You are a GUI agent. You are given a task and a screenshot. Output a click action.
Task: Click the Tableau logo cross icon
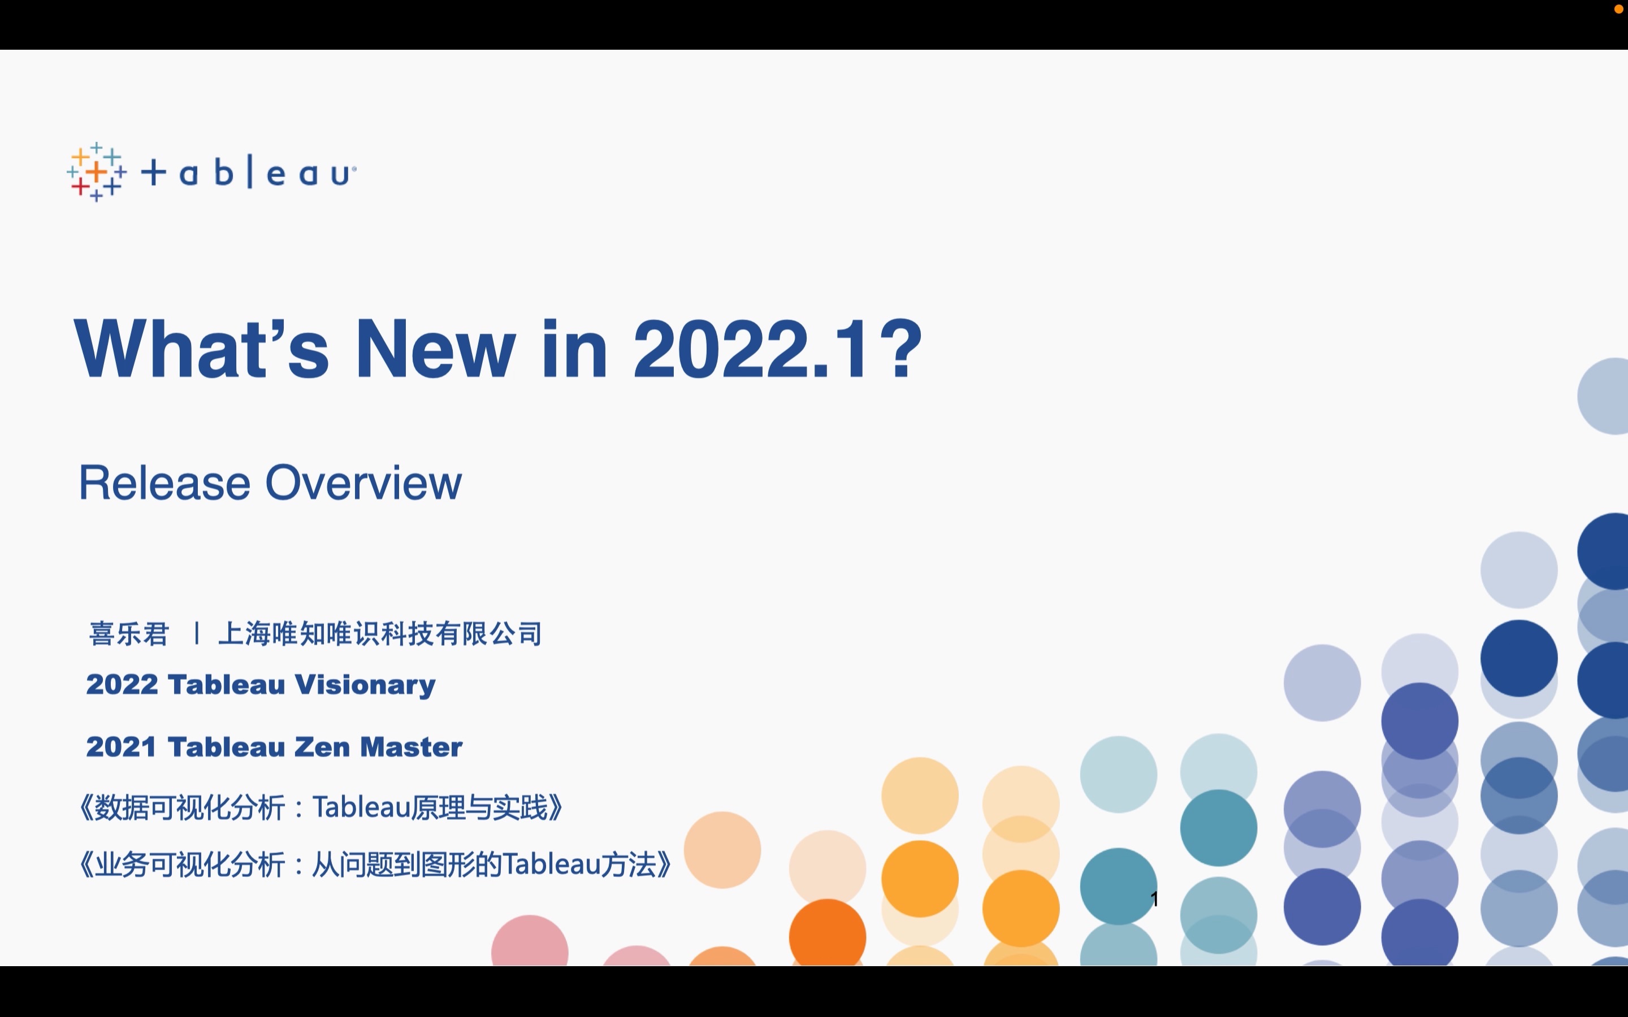pyautogui.click(x=97, y=172)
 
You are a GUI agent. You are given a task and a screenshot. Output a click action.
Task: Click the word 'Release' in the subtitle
pyautogui.click(x=165, y=483)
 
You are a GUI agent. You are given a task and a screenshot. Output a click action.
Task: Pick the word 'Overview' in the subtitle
pyautogui.click(x=364, y=483)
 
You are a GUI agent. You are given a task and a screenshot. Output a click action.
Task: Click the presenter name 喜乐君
pyautogui.click(x=128, y=633)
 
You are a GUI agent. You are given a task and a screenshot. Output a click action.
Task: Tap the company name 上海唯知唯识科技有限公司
pyautogui.click(x=380, y=633)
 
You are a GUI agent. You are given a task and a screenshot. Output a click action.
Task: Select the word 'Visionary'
pyautogui.click(x=365, y=685)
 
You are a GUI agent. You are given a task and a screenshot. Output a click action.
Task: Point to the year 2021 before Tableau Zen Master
pyautogui.click(x=121, y=746)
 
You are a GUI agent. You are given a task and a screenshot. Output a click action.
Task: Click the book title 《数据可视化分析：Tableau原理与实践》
pyautogui.click(x=322, y=807)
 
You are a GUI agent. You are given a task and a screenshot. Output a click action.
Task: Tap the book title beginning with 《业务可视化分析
pyautogui.click(x=375, y=864)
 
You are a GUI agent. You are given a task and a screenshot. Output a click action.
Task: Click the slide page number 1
pyautogui.click(x=1154, y=898)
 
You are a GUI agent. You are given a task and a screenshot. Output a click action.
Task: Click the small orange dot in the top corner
pyautogui.click(x=1618, y=8)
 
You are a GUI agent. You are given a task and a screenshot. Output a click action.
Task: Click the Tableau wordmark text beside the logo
pyautogui.click(x=249, y=173)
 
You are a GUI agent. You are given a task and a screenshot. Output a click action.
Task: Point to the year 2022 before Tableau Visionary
pyautogui.click(x=121, y=685)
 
